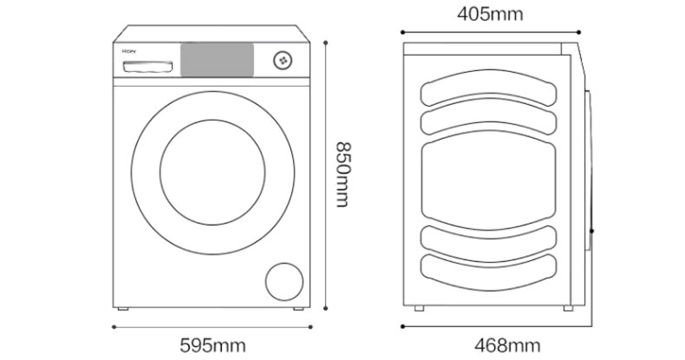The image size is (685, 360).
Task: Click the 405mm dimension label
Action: pyautogui.click(x=490, y=14)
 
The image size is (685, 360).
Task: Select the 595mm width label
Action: pyautogui.click(x=213, y=344)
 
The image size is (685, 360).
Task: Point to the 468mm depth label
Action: pyautogui.click(x=499, y=344)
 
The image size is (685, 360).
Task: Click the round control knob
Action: pyautogui.click(x=283, y=60)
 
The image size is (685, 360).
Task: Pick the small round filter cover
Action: pyautogui.click(x=285, y=284)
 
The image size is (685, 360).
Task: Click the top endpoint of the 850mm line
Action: pyautogui.click(x=325, y=39)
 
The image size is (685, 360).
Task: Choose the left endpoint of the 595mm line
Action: pyautogui.click(x=114, y=327)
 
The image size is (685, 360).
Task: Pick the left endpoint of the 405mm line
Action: pyautogui.click(x=404, y=33)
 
